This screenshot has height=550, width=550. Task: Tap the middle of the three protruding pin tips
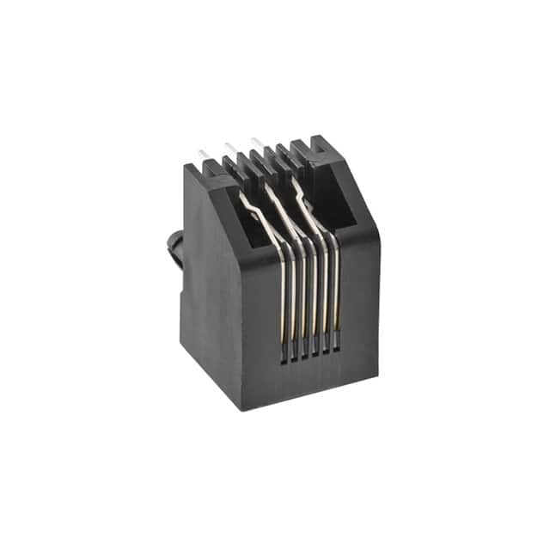tap(230, 147)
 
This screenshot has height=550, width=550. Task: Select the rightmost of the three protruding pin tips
tap(256, 142)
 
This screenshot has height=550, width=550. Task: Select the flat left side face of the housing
tap(211, 292)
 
